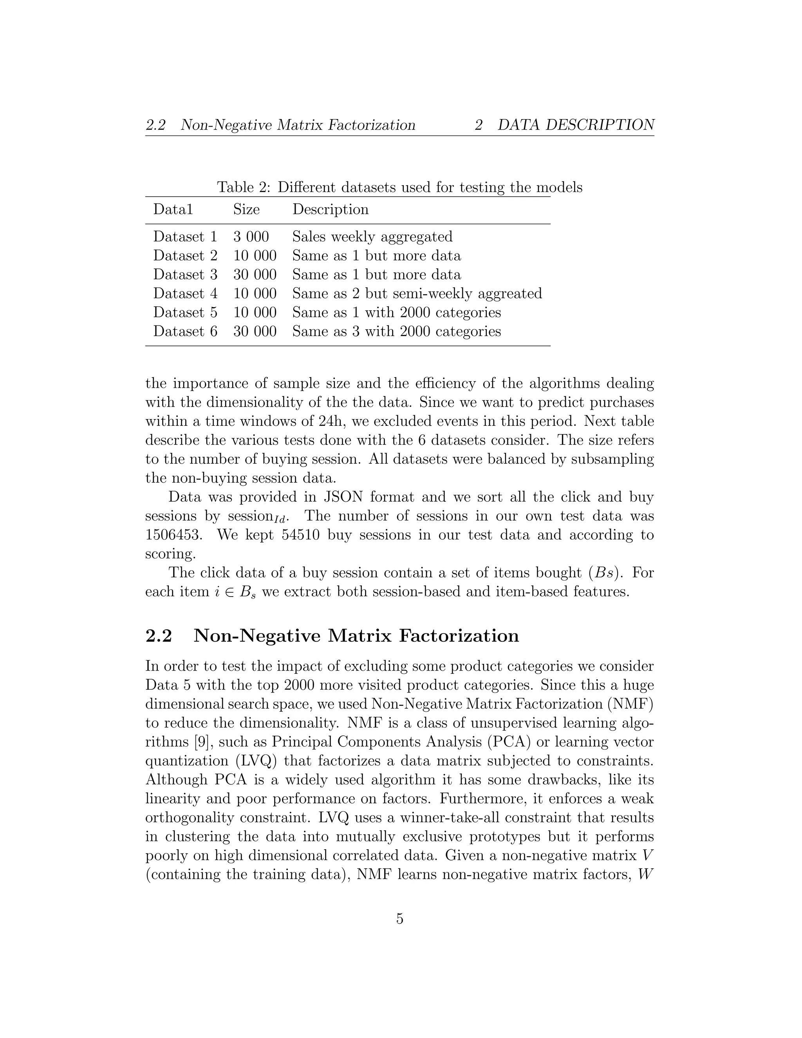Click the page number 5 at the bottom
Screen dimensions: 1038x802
click(x=399, y=919)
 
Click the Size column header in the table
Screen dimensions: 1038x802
click(x=246, y=210)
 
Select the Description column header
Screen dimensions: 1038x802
click(x=330, y=210)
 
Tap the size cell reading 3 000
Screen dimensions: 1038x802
click(x=251, y=237)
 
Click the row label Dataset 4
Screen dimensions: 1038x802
click(x=185, y=293)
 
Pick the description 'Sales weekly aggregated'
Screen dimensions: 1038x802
click(x=372, y=237)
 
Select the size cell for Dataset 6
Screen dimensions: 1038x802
click(x=255, y=331)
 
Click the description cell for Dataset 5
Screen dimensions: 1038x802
click(x=396, y=312)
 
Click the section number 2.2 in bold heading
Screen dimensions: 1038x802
click(x=159, y=636)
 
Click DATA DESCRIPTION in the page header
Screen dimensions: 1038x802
click(x=576, y=125)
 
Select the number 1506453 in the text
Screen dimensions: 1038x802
click(x=173, y=535)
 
